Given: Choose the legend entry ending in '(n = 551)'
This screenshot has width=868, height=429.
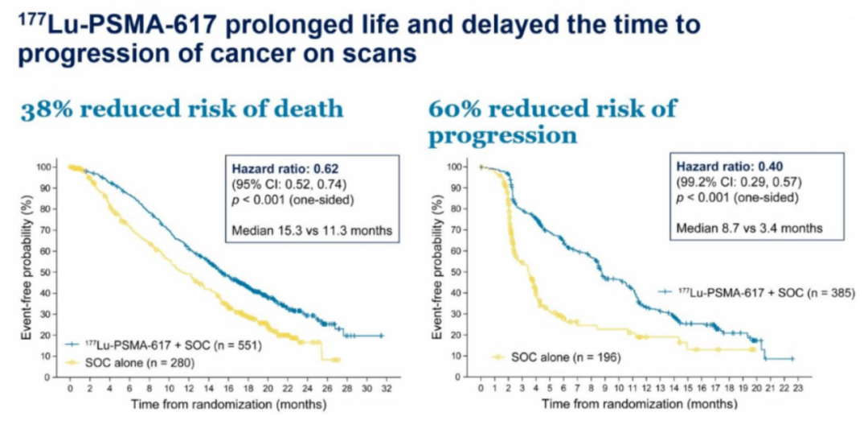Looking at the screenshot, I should pos(145,344).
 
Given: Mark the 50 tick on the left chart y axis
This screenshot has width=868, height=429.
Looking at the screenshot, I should pos(53,272).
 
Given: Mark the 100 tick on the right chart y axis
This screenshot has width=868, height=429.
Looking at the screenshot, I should pos(461,167).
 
